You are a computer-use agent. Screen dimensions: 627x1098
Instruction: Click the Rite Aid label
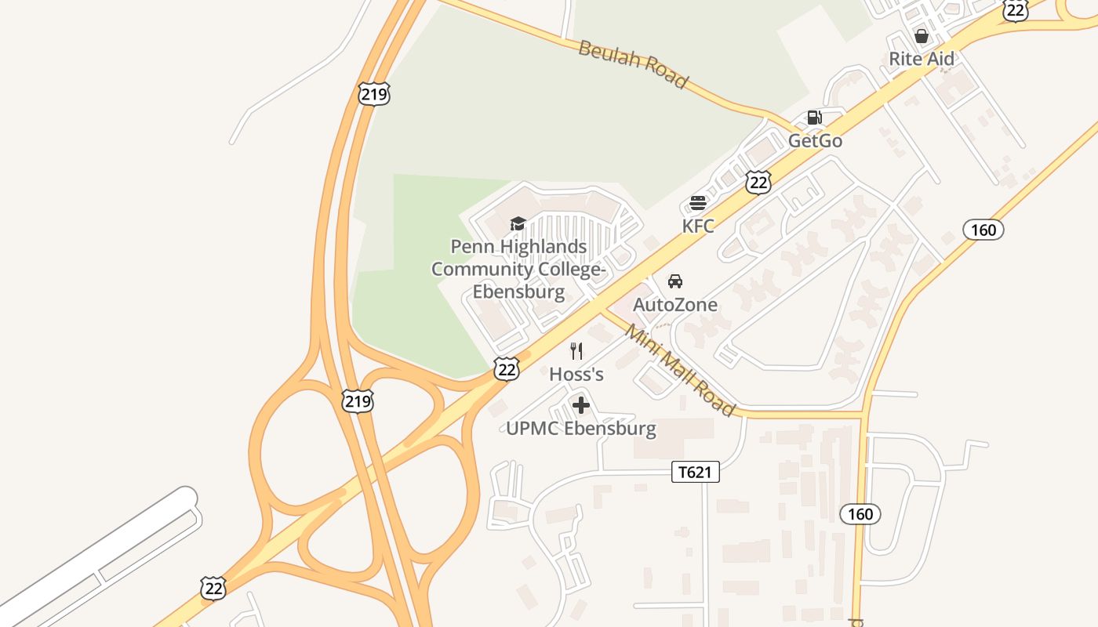[x=922, y=59]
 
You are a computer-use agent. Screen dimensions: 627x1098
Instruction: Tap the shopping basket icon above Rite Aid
[x=922, y=36]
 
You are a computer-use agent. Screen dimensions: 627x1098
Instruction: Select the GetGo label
[x=815, y=141]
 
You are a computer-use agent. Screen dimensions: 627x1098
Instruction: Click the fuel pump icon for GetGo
[x=815, y=118]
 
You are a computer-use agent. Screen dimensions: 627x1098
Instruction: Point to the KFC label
[x=698, y=227]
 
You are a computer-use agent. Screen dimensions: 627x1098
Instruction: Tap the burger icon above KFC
[x=698, y=204]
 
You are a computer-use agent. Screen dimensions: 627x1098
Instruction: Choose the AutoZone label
[x=674, y=305]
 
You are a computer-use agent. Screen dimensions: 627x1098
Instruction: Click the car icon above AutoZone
[x=674, y=281]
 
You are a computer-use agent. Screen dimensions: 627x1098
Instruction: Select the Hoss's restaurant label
[x=576, y=375]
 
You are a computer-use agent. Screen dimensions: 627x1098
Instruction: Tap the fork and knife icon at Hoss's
[x=576, y=350]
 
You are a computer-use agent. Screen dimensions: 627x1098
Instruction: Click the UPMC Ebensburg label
[x=581, y=429]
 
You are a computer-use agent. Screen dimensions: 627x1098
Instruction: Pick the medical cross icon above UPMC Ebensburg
[x=581, y=405]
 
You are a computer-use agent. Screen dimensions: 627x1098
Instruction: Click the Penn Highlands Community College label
[x=518, y=269]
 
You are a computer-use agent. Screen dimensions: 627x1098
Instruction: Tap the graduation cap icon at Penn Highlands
[x=518, y=224]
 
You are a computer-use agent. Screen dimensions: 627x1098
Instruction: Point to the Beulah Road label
[x=633, y=65]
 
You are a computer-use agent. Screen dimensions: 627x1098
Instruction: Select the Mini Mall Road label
[x=680, y=371]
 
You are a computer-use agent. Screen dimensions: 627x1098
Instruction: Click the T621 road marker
[x=696, y=472]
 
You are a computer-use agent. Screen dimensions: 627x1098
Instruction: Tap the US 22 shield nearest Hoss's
[x=507, y=369]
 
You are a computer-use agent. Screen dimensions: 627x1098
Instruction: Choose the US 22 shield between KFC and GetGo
[x=758, y=183]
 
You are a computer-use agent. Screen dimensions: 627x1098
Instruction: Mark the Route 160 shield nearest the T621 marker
[x=860, y=514]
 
